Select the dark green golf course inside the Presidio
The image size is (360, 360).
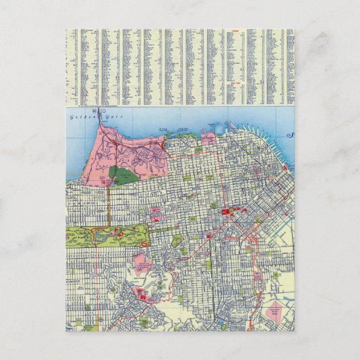(123, 176)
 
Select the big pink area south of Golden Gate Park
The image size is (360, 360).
(143, 264)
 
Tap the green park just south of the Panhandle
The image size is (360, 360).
(177, 239)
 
